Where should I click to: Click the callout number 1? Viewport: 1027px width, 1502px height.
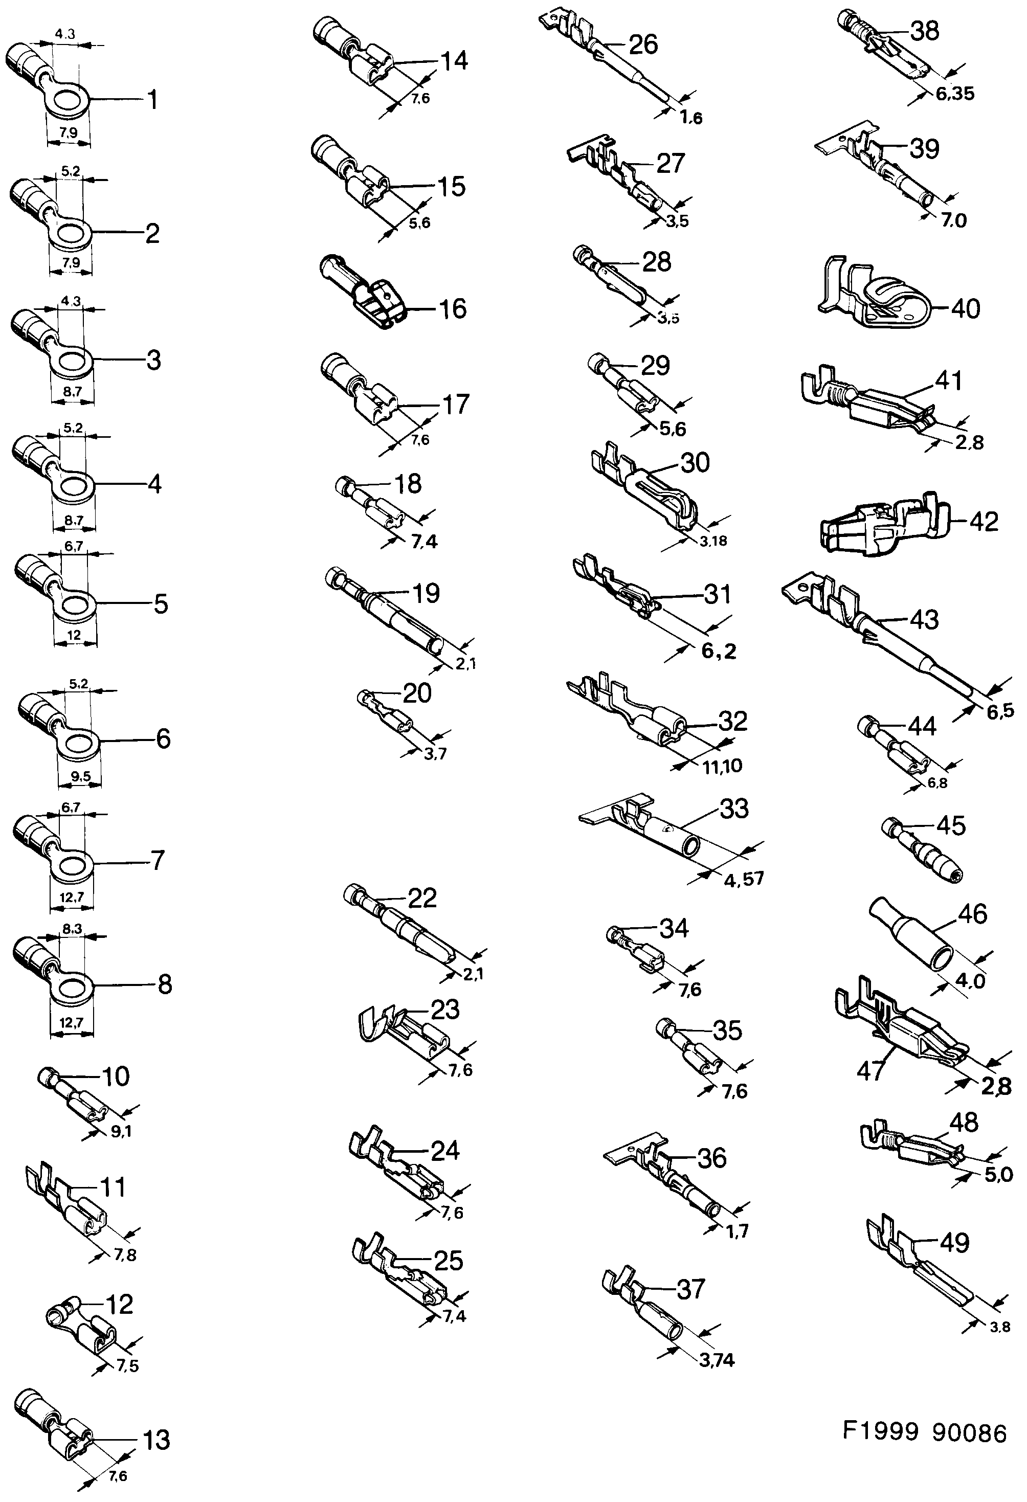(x=152, y=100)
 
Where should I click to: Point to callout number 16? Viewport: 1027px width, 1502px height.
(x=453, y=309)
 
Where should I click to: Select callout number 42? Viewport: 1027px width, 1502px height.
(x=984, y=522)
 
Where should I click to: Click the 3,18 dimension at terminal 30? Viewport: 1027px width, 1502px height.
(x=713, y=541)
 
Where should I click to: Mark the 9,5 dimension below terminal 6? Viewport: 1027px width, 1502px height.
(x=80, y=777)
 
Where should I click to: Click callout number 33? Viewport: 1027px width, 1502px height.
(x=733, y=809)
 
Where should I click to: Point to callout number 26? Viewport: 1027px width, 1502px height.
(x=642, y=44)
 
